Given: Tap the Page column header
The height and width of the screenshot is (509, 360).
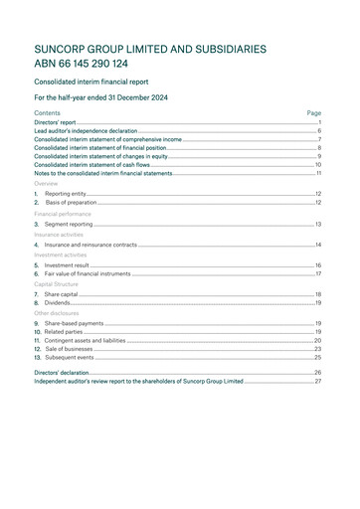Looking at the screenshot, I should [x=313, y=113].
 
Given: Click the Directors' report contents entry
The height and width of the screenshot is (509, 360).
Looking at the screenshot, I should [x=55, y=122].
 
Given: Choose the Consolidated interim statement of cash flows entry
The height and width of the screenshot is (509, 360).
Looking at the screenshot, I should [x=91, y=165].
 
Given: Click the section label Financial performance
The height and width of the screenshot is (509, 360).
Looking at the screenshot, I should [x=63, y=214].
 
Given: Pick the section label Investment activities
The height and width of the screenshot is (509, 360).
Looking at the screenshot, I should [x=62, y=254].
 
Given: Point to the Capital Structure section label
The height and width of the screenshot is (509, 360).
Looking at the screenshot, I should [x=57, y=284].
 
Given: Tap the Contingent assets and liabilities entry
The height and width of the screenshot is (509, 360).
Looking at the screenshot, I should [x=85, y=340].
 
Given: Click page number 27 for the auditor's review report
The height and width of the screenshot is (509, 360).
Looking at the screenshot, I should [x=317, y=381].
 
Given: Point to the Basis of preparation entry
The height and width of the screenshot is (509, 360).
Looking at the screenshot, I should [x=71, y=203].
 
